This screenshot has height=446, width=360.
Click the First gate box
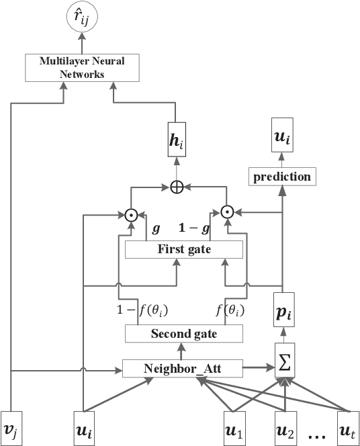coord(183,250)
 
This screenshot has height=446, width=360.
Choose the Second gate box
coord(183,333)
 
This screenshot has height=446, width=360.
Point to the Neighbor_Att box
coord(183,368)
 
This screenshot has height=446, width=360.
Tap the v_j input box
coord(13,427)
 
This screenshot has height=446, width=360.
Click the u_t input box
coord(347,427)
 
